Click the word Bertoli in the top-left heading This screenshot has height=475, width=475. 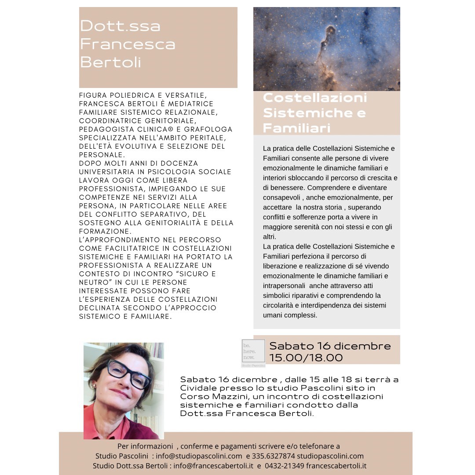tap(110, 62)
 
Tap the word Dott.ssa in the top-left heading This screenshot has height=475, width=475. tap(120, 26)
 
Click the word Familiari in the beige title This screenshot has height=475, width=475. tap(296, 128)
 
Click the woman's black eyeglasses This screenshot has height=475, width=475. tap(128, 373)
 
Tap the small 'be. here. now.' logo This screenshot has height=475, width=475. tap(253, 352)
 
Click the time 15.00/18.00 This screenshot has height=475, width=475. tap(306, 358)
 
